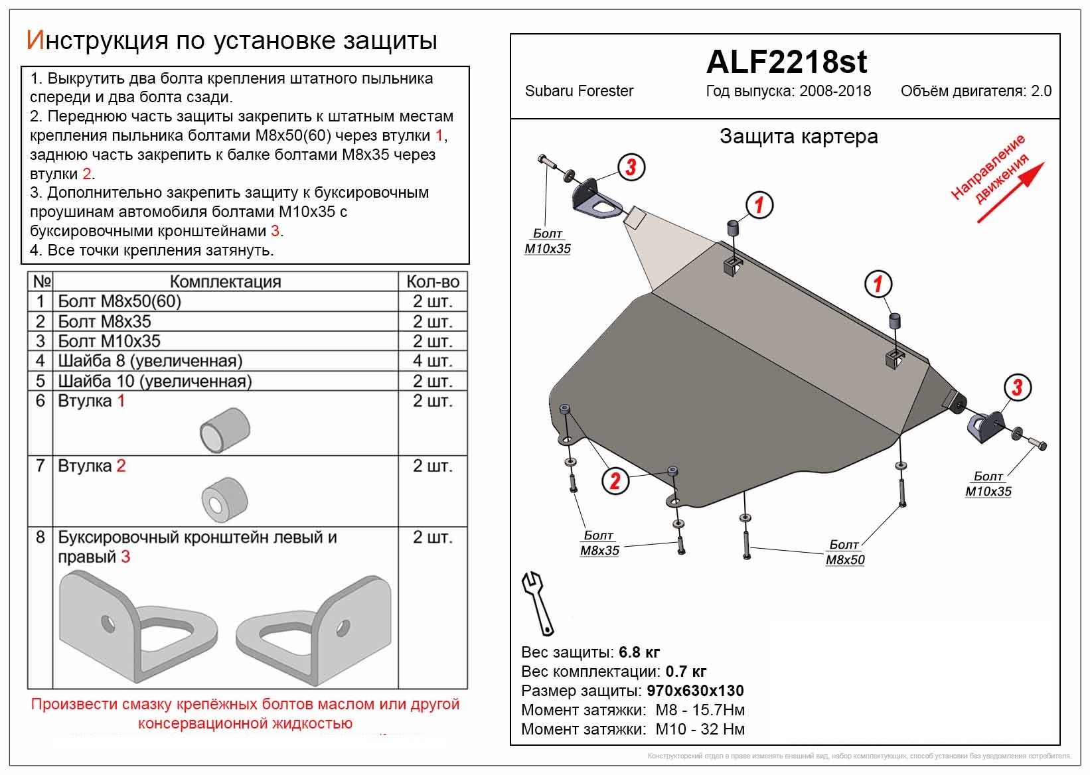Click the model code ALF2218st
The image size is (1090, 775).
786,62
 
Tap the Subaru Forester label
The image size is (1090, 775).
579,91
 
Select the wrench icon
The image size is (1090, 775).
538,603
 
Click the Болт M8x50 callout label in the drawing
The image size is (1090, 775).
844,552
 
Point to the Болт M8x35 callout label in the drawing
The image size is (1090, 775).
599,543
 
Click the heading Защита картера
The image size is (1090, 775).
799,137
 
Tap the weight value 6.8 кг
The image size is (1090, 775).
639,652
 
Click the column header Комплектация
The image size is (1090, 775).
225,281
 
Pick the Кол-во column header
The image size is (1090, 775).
432,281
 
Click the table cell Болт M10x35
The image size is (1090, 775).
110,341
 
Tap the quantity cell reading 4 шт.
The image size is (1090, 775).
432,361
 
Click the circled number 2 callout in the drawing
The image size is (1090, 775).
615,480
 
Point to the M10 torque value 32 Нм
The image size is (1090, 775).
723,729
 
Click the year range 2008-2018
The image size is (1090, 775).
834,91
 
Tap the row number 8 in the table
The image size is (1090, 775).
40,537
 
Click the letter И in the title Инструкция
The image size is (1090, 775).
35,40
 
